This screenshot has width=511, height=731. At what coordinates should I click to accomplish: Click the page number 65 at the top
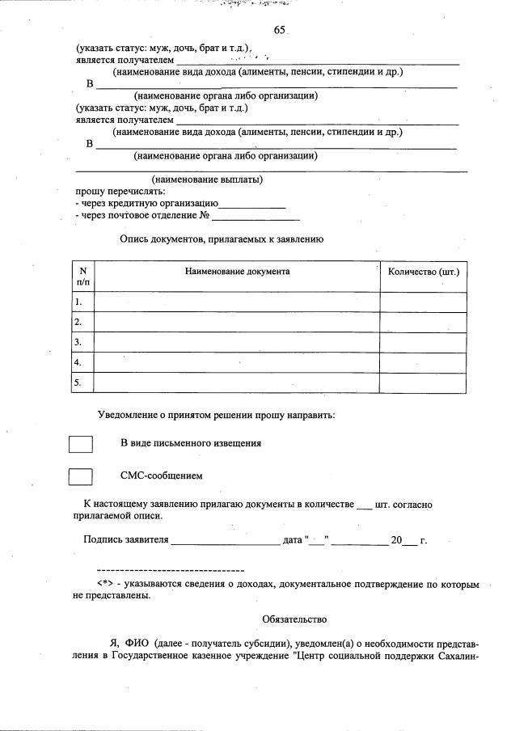[280, 30]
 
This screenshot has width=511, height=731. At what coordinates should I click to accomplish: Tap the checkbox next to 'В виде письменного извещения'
[81, 444]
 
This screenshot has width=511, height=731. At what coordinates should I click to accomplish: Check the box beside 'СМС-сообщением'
[81, 476]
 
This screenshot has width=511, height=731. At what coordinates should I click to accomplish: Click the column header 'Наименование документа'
[237, 273]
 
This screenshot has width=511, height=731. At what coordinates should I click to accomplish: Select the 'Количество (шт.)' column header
[423, 273]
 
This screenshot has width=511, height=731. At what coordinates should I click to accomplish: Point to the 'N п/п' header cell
[82, 277]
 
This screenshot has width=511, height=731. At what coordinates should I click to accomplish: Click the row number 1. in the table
[78, 302]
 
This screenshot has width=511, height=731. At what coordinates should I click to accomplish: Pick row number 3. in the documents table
[78, 342]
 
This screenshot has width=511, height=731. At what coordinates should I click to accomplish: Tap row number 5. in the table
[78, 382]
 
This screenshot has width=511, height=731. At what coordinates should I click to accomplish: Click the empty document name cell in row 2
[237, 322]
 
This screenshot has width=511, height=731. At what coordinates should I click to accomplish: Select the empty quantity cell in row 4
[423, 362]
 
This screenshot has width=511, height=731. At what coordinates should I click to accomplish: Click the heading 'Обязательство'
[294, 619]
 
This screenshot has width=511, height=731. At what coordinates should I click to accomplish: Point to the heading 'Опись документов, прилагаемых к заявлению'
[222, 239]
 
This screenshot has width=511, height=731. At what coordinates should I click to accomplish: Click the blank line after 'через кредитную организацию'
[252, 204]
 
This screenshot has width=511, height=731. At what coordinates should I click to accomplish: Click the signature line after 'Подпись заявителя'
[225, 539]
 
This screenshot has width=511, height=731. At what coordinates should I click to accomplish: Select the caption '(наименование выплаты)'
[207, 180]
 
